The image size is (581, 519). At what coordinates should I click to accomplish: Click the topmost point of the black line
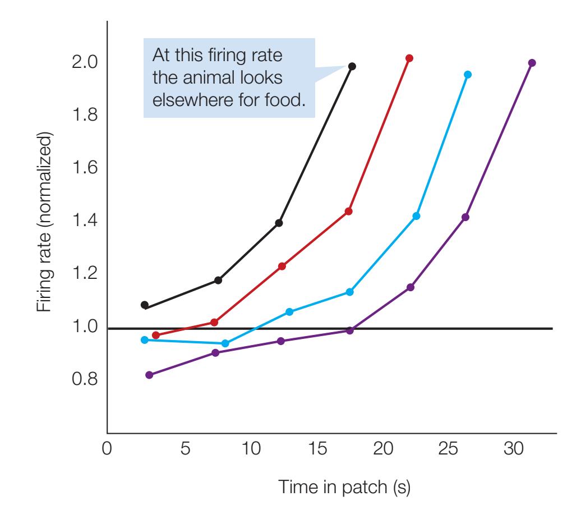pyautogui.click(x=352, y=66)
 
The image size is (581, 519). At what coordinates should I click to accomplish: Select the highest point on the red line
pyautogui.click(x=409, y=58)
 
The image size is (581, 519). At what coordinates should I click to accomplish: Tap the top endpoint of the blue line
pyautogui.click(x=468, y=74)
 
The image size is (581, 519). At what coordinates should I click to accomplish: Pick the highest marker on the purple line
pyautogui.click(x=532, y=63)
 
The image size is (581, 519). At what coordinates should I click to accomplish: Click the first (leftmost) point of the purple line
pyautogui.click(x=149, y=375)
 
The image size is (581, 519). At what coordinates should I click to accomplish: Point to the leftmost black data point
pyautogui.click(x=145, y=305)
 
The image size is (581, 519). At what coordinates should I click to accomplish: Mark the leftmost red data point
pyautogui.click(x=156, y=335)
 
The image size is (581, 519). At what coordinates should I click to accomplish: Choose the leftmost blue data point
pyautogui.click(x=145, y=340)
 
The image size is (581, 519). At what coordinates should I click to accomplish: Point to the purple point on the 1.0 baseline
pyautogui.click(x=350, y=330)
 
